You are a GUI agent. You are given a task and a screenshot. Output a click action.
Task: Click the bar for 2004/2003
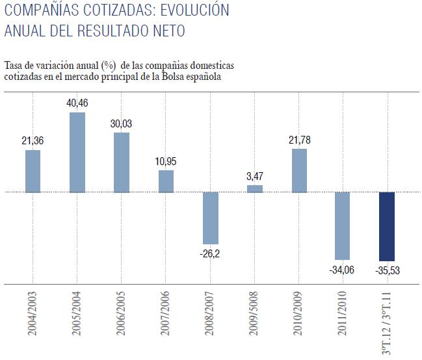33,171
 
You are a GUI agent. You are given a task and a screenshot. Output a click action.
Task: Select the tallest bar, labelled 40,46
77,152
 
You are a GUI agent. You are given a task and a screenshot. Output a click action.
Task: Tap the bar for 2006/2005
122,162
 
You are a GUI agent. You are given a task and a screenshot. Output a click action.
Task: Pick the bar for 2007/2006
166,181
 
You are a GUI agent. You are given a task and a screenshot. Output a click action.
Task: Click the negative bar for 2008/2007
211,218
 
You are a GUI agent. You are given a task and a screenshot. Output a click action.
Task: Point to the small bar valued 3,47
255,189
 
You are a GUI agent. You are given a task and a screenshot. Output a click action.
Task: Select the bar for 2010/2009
299,171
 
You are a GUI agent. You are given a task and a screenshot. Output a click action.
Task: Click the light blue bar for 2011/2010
343,225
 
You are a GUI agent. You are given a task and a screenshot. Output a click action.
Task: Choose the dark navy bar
387,226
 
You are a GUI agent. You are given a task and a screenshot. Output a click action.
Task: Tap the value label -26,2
211,253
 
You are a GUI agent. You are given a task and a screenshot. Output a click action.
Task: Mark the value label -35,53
388,269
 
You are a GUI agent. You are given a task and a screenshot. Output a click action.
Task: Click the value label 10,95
166,161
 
